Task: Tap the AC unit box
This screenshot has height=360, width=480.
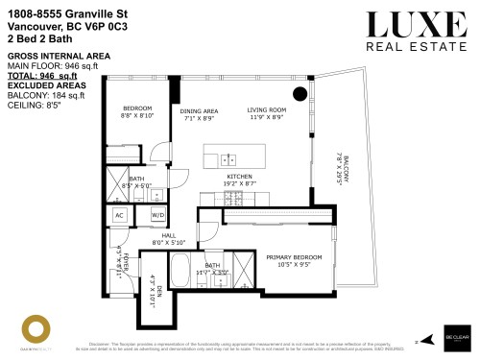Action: point(120,214)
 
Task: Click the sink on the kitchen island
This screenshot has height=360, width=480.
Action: point(228,159)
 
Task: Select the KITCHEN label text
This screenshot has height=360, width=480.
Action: point(239,178)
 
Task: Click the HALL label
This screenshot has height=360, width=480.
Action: point(169,235)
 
